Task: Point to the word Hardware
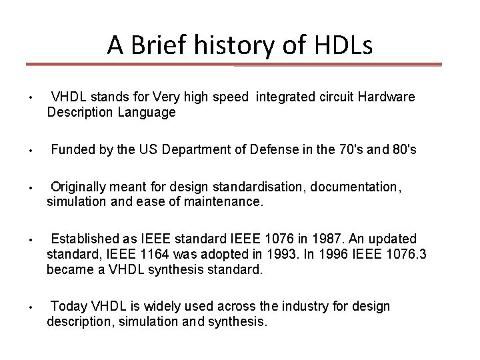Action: click(386, 97)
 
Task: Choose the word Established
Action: click(84, 239)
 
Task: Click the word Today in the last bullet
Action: click(67, 307)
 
